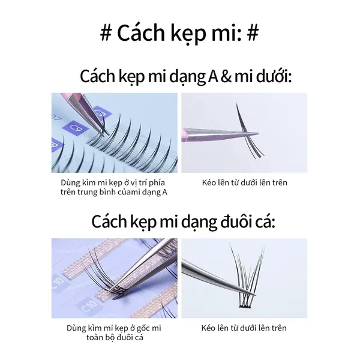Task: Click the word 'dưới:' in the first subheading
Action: tap(274, 76)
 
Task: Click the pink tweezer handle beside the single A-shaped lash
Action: tap(185, 135)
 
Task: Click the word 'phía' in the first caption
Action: tap(157, 183)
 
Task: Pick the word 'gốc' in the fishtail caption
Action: tap(145, 328)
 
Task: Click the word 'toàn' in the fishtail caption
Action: tap(95, 337)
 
